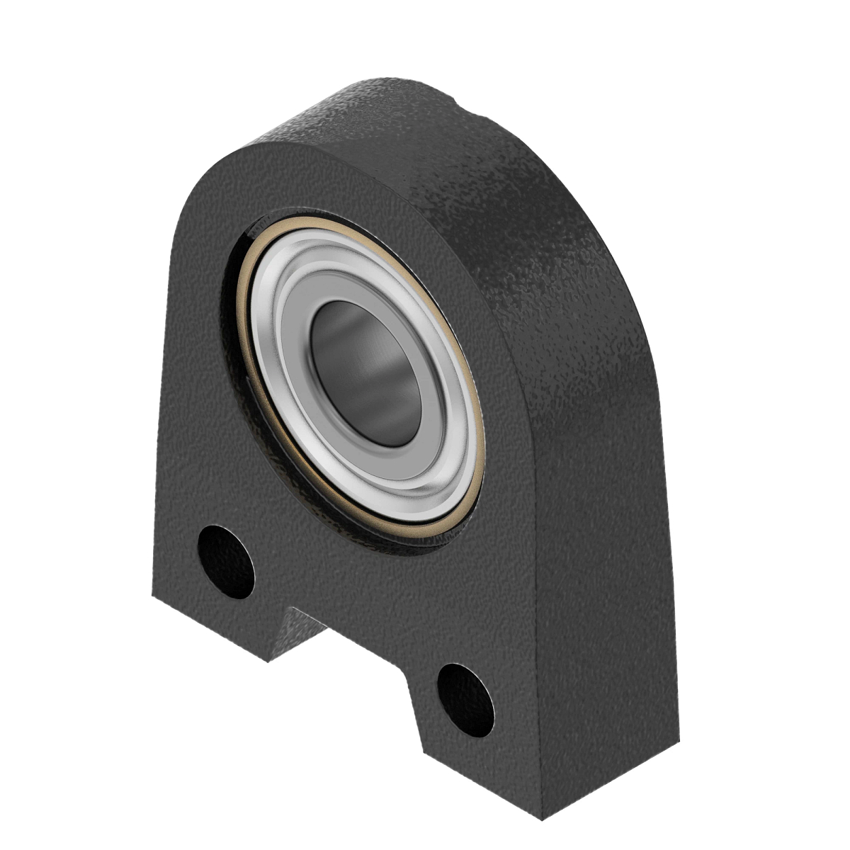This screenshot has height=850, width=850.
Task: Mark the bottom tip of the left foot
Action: pyautogui.click(x=267, y=662)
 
